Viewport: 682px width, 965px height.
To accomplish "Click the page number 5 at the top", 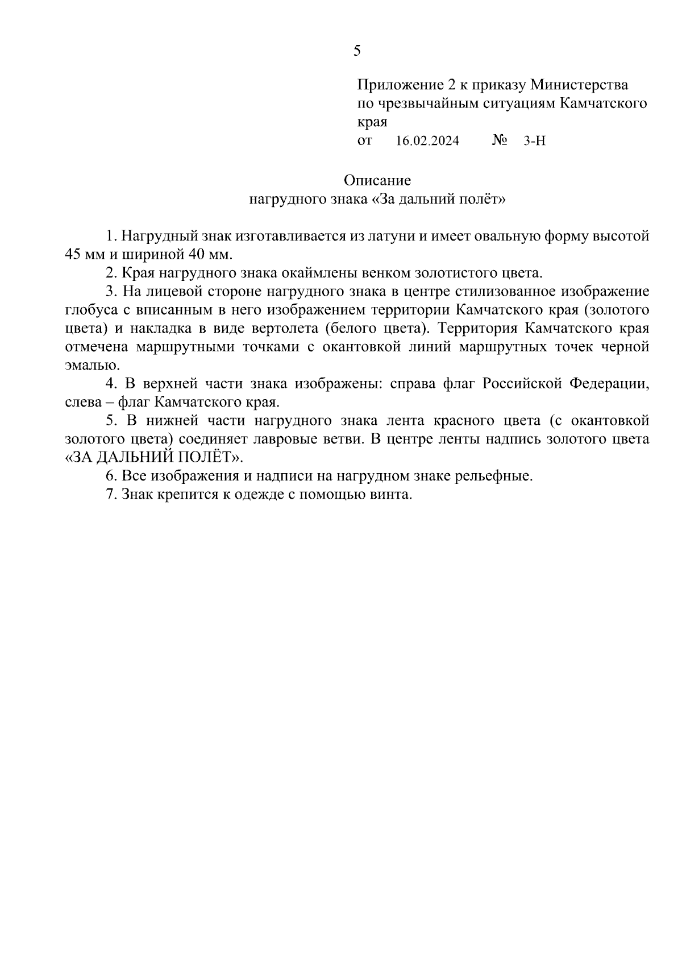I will point(356,51).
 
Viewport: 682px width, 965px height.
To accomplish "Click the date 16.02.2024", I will point(427,140).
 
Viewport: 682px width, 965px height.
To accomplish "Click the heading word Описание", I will point(377,181).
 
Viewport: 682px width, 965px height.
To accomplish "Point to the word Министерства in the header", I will point(579,85).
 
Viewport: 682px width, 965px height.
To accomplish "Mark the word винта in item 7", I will point(392,494).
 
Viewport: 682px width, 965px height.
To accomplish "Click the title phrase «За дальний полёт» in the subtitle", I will point(438,199).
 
